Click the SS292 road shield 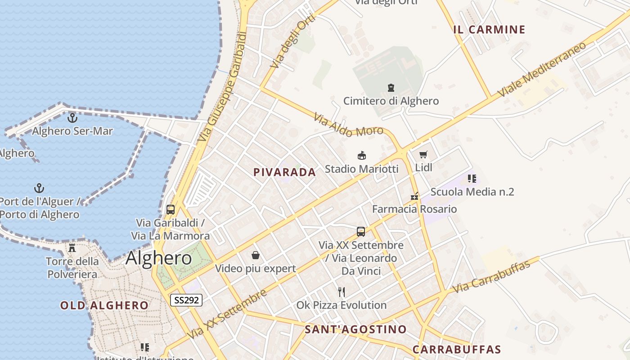click(x=186, y=300)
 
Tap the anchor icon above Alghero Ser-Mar click(x=72, y=118)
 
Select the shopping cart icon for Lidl click(x=423, y=155)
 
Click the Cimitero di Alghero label click(x=391, y=101)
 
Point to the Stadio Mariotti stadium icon click(x=361, y=156)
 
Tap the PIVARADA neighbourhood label click(x=284, y=172)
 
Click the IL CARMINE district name click(x=489, y=30)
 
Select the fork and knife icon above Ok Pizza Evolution click(x=342, y=292)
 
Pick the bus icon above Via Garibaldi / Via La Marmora click(x=170, y=209)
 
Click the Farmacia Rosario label click(x=414, y=209)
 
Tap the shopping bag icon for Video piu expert click(x=256, y=255)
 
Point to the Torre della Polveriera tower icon click(x=72, y=247)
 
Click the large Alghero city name click(x=158, y=258)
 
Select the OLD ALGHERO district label click(x=104, y=306)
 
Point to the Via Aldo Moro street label click(x=348, y=126)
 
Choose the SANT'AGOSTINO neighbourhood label click(x=355, y=329)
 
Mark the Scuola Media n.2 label click(x=472, y=192)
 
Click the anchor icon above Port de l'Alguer click(x=40, y=188)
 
